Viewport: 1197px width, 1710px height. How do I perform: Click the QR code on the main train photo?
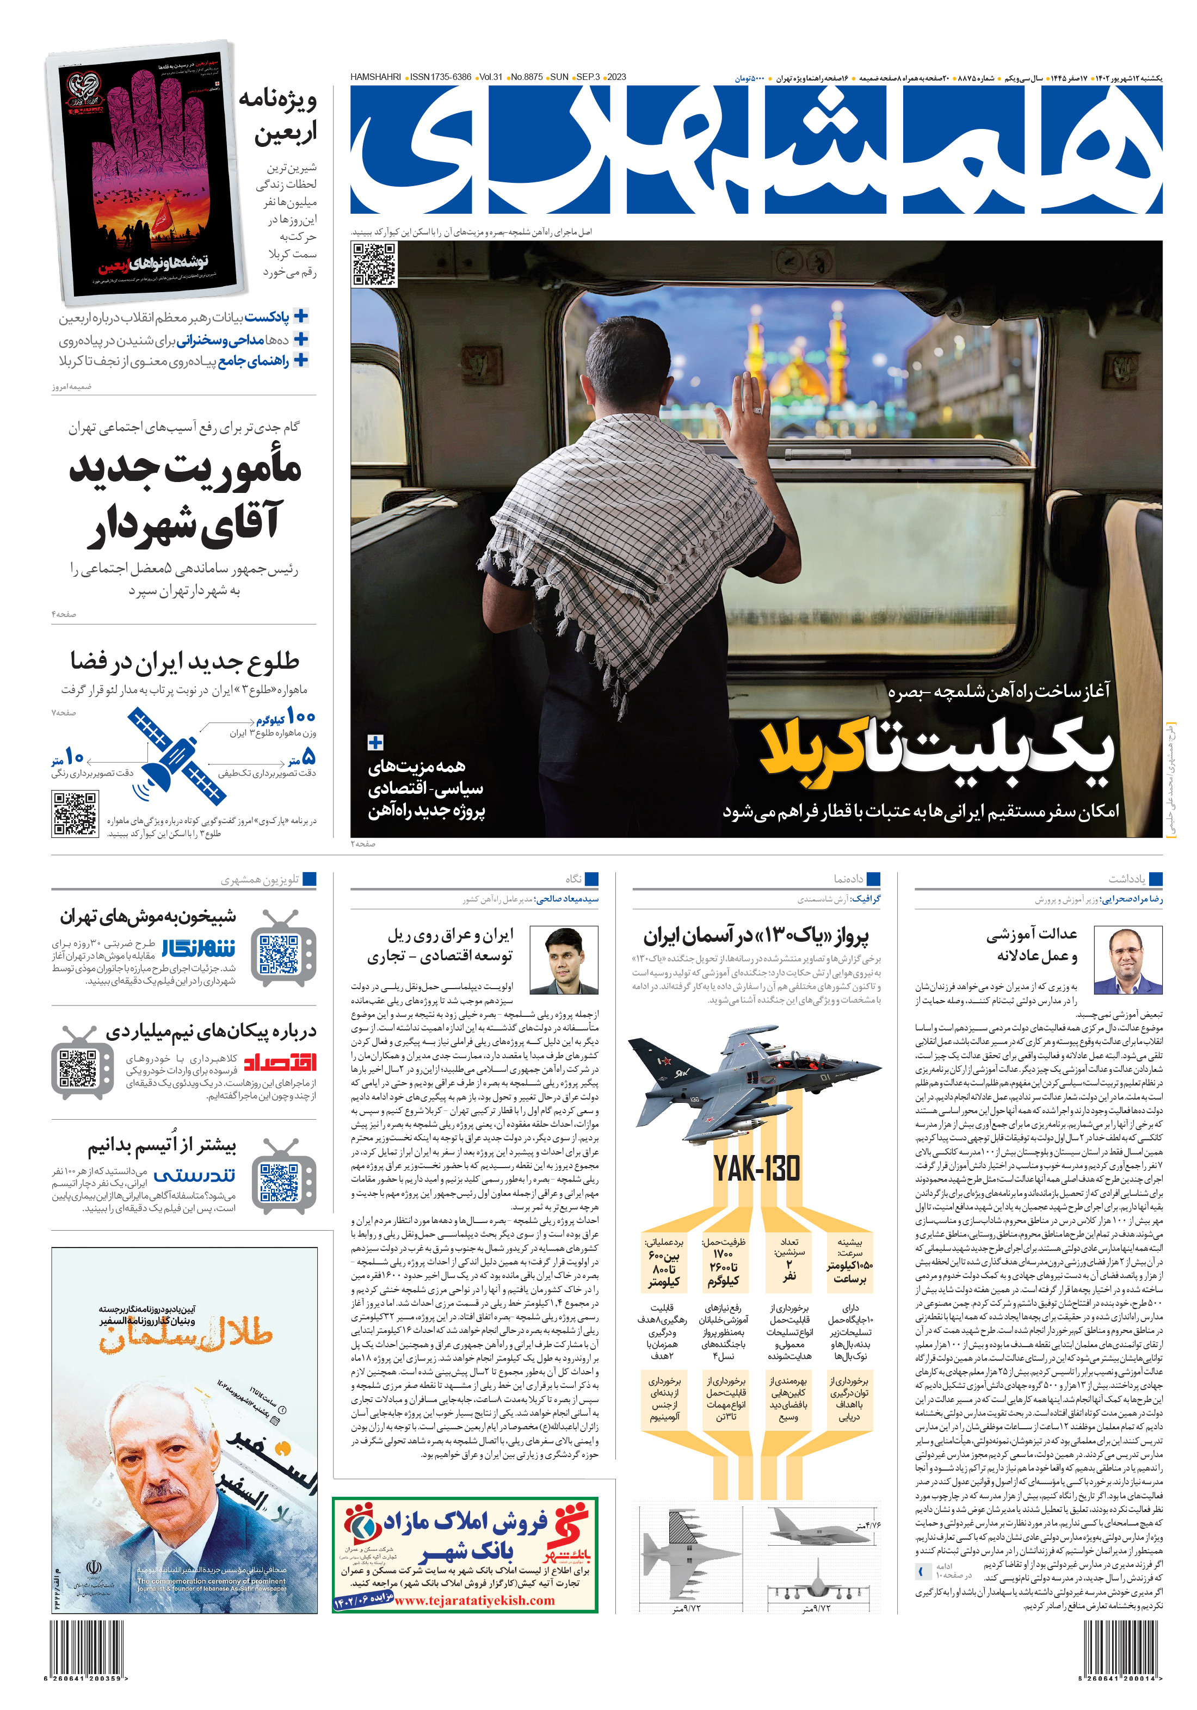pos(374,264)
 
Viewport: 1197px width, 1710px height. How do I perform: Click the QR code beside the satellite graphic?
pos(75,814)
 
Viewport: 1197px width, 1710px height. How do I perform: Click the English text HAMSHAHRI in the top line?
pos(376,77)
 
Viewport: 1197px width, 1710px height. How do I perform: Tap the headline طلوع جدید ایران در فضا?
pos(185,660)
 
